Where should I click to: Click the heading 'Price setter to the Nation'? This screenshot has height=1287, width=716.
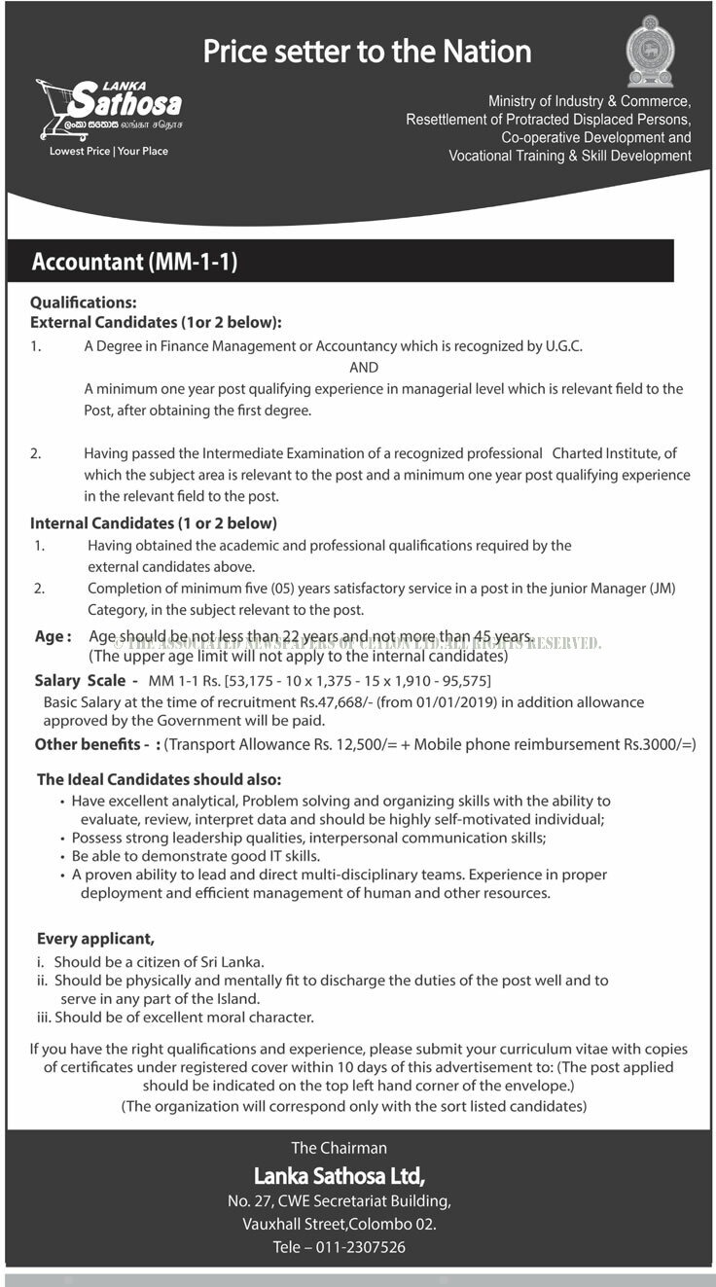(368, 52)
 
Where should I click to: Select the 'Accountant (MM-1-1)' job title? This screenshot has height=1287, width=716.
(135, 262)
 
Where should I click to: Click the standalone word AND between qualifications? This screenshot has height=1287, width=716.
(364, 368)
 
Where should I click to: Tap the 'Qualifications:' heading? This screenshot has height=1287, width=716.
(84, 304)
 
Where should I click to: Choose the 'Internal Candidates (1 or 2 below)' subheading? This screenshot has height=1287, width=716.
(154, 523)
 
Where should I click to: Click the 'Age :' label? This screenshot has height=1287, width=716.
(54, 636)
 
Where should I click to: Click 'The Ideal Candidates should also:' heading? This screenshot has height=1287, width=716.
(160, 779)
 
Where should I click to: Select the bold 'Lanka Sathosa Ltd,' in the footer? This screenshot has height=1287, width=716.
(340, 1175)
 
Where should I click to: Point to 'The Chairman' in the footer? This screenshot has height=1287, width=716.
(339, 1148)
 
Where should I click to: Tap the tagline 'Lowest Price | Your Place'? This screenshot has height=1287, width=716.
(109, 152)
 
